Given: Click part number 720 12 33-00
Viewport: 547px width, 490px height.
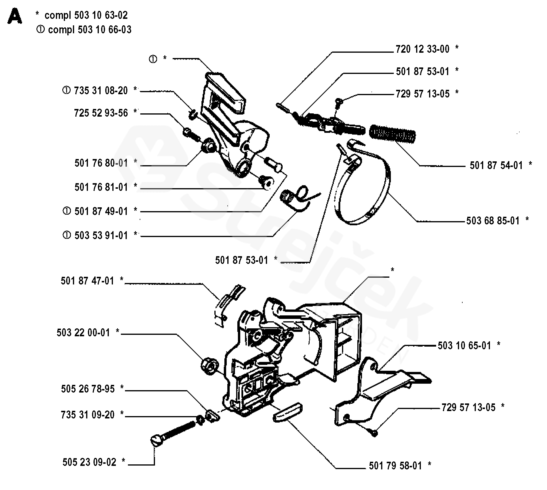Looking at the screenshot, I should click(x=422, y=49).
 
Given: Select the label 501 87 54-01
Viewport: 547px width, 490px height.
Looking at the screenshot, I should click(x=496, y=165).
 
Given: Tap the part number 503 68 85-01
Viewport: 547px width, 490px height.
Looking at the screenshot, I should click(x=493, y=221).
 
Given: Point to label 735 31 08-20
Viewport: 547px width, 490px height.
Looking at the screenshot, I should click(x=101, y=91).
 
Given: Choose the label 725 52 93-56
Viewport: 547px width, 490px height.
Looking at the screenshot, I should click(x=101, y=113).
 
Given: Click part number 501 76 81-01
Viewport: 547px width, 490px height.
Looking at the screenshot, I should click(x=101, y=187).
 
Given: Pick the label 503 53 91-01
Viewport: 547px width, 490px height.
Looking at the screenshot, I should click(x=101, y=236).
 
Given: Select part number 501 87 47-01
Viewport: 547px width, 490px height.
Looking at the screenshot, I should click(x=87, y=281).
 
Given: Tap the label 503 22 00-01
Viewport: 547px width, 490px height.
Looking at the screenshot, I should click(x=83, y=333).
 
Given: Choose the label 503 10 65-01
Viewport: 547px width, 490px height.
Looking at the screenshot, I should click(x=464, y=346).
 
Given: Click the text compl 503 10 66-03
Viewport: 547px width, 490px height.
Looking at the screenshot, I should click(x=90, y=30).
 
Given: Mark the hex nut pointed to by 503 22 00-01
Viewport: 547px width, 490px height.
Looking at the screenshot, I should click(x=209, y=366).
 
